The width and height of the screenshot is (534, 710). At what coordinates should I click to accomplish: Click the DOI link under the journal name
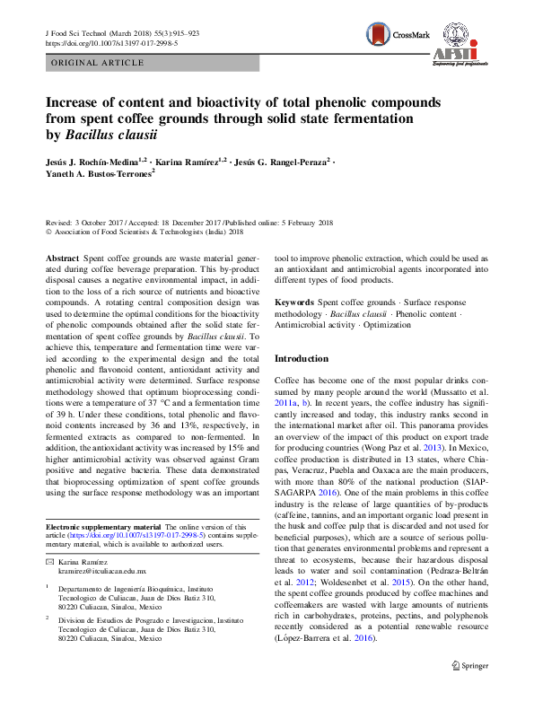[x=111, y=42]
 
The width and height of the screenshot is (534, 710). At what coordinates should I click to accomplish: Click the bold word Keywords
[x=293, y=303]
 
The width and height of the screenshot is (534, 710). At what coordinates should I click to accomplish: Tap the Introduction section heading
[x=302, y=359]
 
